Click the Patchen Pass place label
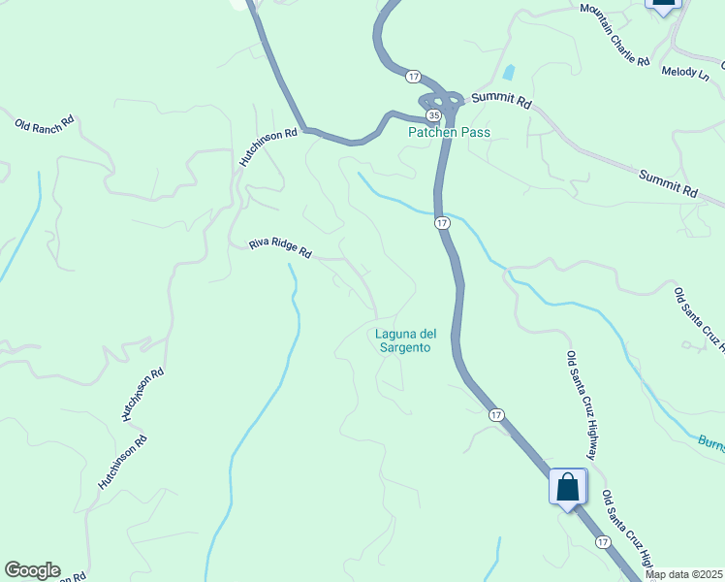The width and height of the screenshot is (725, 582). (x=449, y=133)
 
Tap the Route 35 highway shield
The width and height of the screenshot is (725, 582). (x=434, y=115)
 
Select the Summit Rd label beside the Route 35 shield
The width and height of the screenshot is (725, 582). (x=502, y=101)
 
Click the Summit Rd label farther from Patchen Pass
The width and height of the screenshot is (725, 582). (x=669, y=182)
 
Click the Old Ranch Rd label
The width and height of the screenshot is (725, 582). (x=45, y=125)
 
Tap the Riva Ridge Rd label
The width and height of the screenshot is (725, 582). (x=279, y=249)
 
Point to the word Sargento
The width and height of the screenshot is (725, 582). (x=402, y=347)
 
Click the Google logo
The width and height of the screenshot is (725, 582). (x=32, y=570)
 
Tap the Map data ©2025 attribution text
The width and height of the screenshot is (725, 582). (x=684, y=574)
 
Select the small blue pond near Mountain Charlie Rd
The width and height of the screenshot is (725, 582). (x=509, y=73)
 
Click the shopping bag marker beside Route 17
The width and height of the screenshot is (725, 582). (x=567, y=488)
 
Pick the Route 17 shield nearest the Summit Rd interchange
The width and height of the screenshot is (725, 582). (x=414, y=76)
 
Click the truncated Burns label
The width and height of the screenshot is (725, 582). (x=710, y=441)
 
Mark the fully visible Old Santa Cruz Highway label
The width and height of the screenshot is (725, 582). (x=582, y=404)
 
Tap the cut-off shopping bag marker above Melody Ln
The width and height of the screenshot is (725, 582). (x=663, y=5)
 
